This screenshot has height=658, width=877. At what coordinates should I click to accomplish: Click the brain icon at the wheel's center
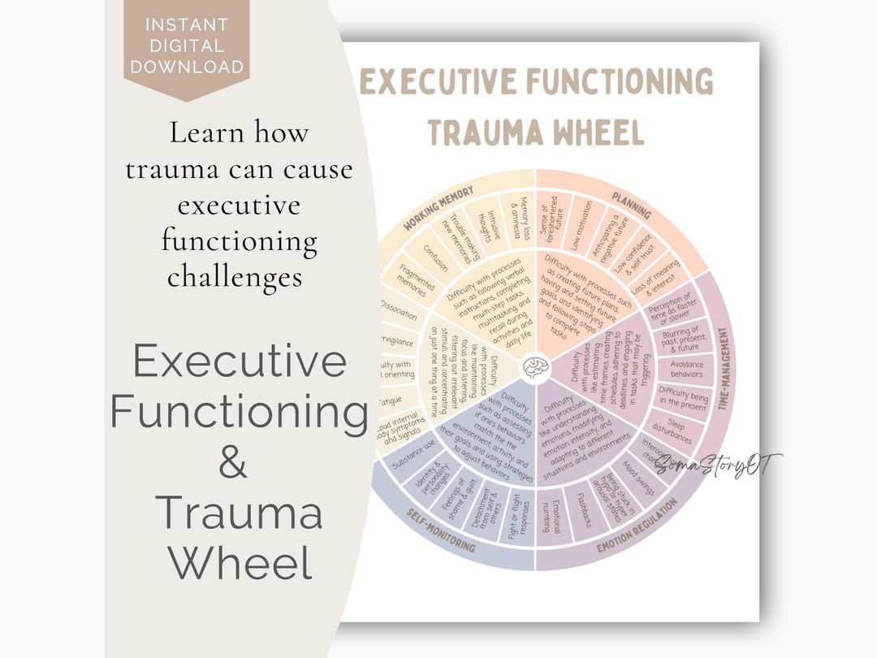pos(535,369)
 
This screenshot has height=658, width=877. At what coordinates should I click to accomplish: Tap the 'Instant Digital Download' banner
pos(187,45)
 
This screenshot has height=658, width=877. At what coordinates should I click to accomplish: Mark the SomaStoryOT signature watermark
pos(717,466)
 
